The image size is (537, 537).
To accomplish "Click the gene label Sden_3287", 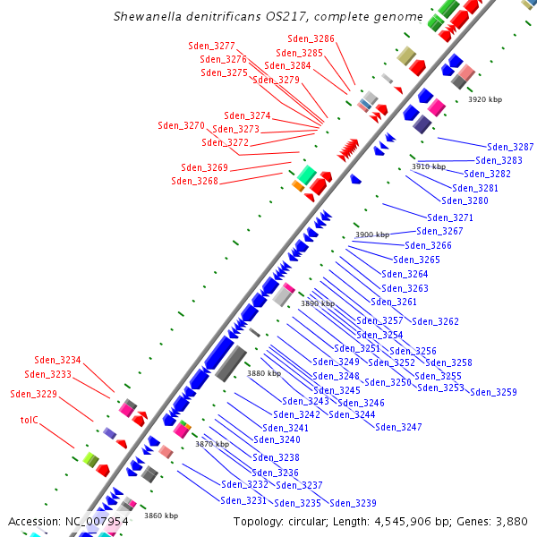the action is (510, 147).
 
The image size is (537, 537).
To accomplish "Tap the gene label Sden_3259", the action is (493, 392).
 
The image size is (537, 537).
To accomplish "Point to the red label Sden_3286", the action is (311, 38).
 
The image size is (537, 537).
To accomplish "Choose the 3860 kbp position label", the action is (161, 516).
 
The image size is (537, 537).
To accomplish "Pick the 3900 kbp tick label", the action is (372, 234).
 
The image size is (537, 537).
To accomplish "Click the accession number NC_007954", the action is (96, 521).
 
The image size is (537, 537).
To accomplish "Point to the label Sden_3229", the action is (33, 394).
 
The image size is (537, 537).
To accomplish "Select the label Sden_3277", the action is (211, 46).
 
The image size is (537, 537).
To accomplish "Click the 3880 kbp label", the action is (264, 373).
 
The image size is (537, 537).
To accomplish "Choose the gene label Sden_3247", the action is (398, 427).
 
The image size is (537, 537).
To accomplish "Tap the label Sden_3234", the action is (57, 361).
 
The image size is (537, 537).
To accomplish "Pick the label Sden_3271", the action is (450, 217).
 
